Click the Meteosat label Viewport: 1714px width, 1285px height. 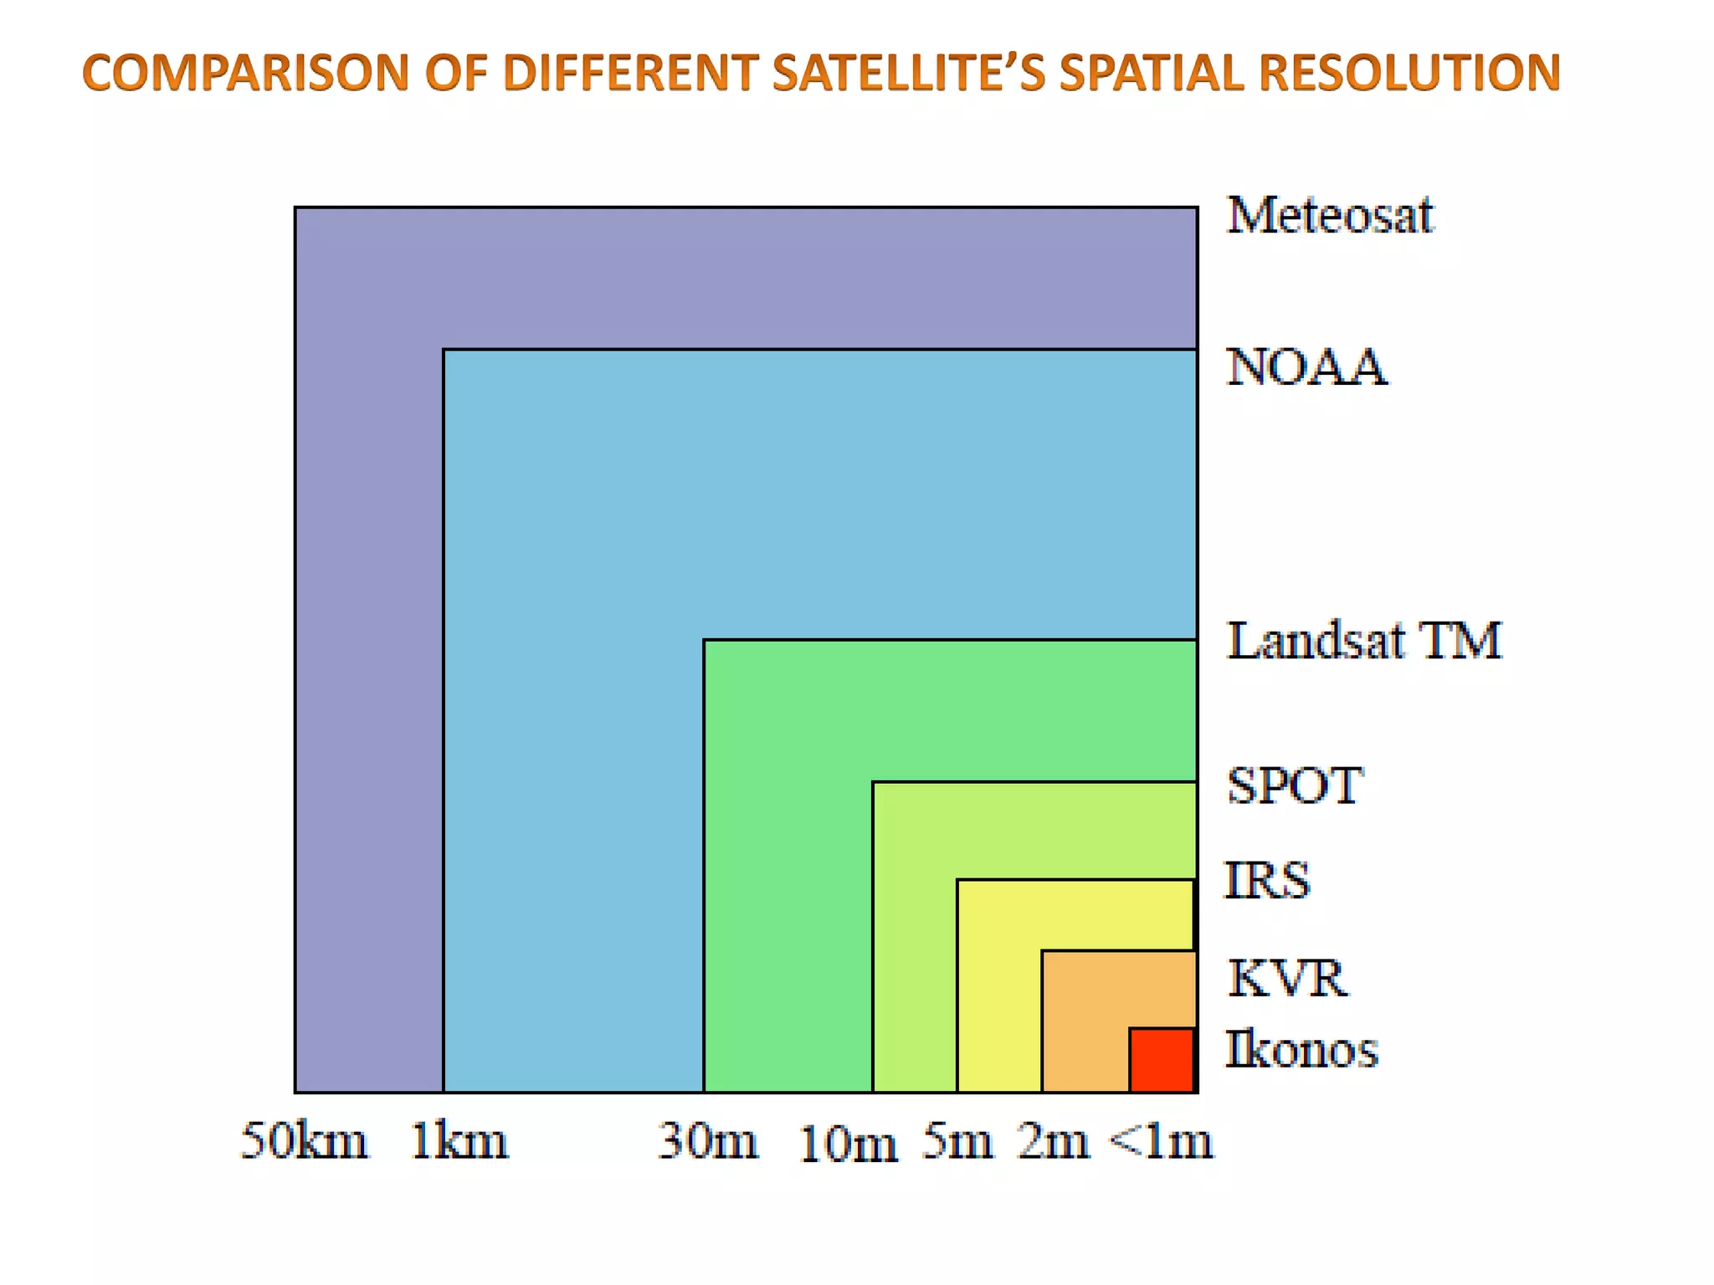coord(1329,216)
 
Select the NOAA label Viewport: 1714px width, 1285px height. coord(1306,367)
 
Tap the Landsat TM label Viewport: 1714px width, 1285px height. coord(1364,642)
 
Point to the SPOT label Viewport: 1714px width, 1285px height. coord(1294,786)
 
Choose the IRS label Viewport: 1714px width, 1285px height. coord(1267,881)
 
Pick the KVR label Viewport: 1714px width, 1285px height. coord(1287,978)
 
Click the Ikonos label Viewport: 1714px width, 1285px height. coord(1301,1050)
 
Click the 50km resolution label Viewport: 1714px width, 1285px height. coord(304,1141)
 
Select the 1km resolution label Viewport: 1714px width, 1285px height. coord(459,1141)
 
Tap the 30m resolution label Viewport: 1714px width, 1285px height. coord(708,1141)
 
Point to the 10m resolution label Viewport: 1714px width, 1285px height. coord(848,1144)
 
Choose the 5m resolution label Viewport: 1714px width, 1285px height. coord(957,1141)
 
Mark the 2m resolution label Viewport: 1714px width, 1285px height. coord(1054,1141)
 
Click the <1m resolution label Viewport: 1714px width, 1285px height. coord(1161,1141)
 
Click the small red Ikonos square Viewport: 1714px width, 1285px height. coord(1162,1060)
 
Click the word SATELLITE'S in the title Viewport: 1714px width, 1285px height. coord(909,73)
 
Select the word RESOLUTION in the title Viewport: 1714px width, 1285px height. coord(1410,73)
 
